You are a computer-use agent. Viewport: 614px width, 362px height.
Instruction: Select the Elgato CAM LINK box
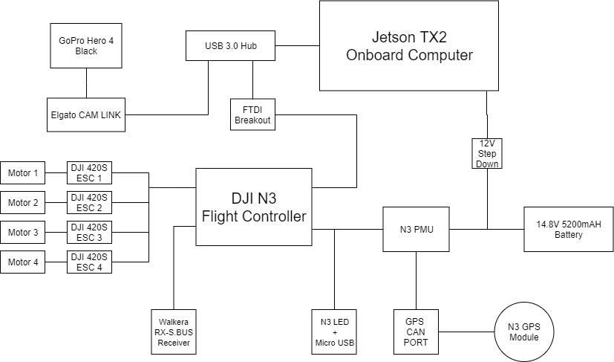[86, 114]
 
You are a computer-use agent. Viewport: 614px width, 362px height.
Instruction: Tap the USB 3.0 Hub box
[231, 46]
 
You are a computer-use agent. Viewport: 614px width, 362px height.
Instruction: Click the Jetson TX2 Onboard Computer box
[409, 46]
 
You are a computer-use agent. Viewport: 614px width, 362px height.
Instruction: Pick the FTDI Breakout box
[252, 114]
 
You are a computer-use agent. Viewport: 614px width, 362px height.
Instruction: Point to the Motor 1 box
[23, 173]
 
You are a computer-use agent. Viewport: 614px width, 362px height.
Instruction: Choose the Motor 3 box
[23, 233]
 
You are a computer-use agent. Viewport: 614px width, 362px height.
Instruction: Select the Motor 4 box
[23, 262]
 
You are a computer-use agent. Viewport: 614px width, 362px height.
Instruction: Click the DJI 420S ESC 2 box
[90, 203]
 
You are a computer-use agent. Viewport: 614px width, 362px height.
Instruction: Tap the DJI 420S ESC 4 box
[90, 262]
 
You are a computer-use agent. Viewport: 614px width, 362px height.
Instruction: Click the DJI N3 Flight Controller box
[253, 207]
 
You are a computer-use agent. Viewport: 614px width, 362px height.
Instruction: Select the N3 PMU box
[417, 229]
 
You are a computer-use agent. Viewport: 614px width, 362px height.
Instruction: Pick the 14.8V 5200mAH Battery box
[569, 229]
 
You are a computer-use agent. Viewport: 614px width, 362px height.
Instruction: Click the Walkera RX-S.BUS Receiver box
[173, 332]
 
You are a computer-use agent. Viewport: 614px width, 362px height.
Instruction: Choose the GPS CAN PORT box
[416, 332]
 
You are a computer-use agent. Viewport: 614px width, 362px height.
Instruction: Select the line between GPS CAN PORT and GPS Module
[467, 332]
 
